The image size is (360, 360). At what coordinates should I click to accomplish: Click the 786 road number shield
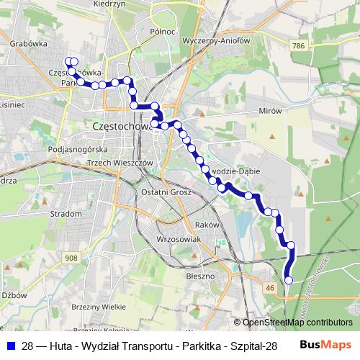point(300,45)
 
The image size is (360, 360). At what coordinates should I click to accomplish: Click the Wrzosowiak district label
point(176,238)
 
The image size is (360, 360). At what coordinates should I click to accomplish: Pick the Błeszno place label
point(200,275)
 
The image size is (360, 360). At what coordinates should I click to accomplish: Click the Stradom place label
point(66,214)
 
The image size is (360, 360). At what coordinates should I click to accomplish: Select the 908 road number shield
point(71,258)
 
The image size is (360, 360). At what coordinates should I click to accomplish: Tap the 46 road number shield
point(271,287)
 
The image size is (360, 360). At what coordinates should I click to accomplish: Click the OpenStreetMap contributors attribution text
point(297,323)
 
